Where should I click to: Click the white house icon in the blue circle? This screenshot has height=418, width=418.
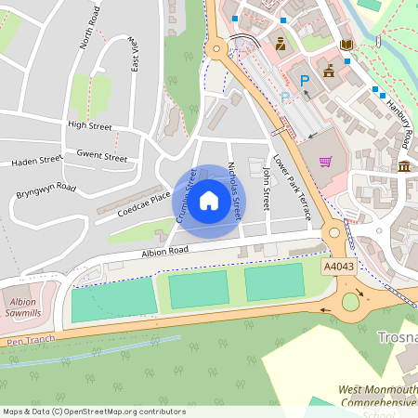[209, 200]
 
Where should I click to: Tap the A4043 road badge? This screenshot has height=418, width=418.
[337, 266]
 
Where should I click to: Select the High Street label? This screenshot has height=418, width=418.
[89, 124]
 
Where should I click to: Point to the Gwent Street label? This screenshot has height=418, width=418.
[102, 156]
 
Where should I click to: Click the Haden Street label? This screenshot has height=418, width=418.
[36, 161]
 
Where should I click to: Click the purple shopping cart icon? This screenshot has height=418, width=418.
[325, 161]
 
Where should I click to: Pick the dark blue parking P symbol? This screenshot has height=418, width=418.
[303, 83]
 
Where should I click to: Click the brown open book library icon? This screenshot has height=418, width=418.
[346, 45]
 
